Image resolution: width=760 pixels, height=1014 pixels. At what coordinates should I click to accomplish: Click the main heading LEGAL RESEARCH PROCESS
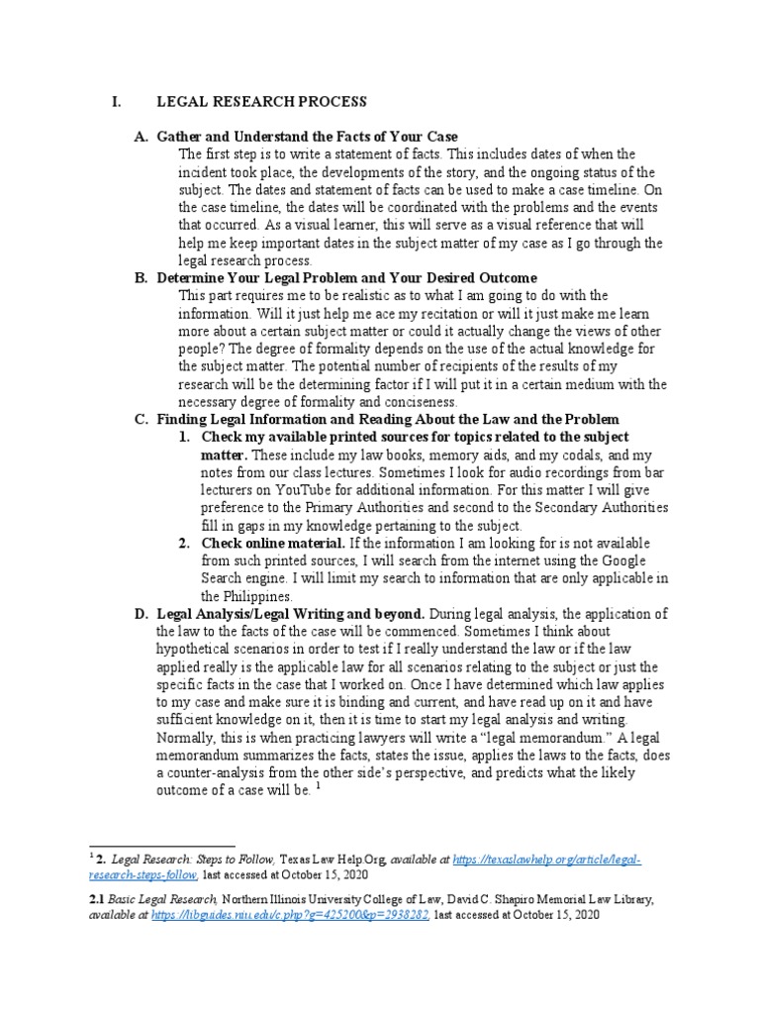[x=261, y=102]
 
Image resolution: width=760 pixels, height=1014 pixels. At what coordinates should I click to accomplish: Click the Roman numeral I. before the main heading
[x=116, y=102]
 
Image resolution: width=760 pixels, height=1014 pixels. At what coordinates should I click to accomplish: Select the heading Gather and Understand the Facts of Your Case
[x=307, y=136]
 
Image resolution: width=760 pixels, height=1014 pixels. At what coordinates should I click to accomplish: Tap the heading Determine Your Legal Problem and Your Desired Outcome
[x=346, y=278]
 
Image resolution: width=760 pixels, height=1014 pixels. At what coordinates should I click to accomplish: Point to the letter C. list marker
[x=141, y=420]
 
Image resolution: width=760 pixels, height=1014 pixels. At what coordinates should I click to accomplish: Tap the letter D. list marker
[x=141, y=614]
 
